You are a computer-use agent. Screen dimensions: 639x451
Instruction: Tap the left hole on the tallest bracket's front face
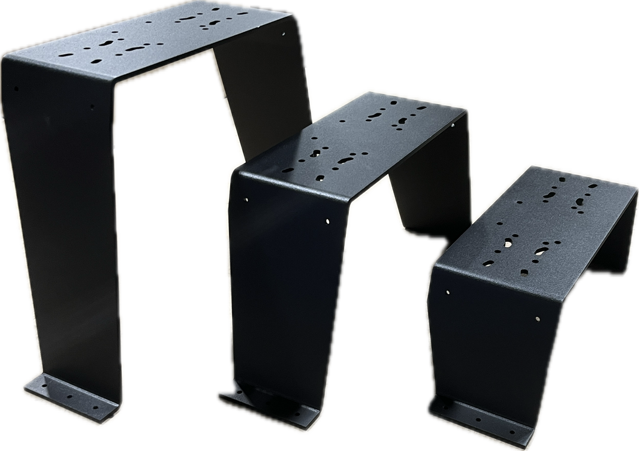(x=16, y=89)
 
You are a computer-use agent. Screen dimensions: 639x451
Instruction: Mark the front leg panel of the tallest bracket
(x=66, y=240)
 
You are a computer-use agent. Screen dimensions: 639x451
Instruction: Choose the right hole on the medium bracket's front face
(x=328, y=221)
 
